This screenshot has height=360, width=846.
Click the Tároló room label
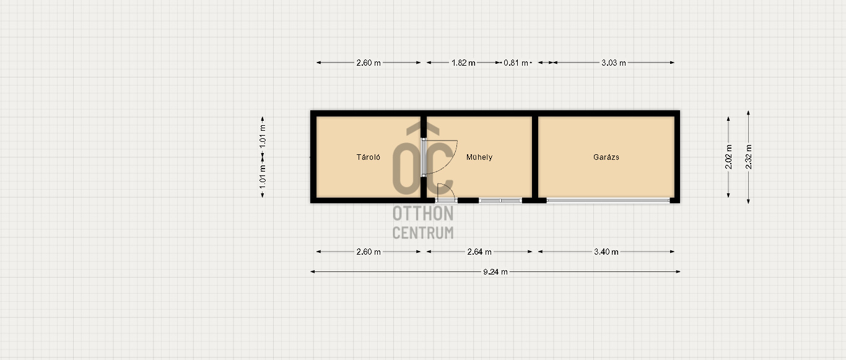(368, 157)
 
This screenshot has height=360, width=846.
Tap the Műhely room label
(479, 157)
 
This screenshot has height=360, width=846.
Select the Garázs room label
(606, 157)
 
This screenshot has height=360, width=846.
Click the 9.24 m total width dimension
(495, 271)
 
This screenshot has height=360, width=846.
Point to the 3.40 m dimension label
(606, 252)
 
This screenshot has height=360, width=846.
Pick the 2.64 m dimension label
(479, 252)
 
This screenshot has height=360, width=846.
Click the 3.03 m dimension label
(614, 63)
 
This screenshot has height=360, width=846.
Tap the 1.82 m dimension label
(463, 63)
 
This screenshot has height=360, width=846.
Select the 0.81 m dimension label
(516, 63)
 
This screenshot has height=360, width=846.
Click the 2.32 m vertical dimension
(749, 157)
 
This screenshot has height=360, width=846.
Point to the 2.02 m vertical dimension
(728, 157)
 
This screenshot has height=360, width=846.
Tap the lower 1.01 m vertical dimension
(263, 177)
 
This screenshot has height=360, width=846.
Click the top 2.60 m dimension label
(368, 63)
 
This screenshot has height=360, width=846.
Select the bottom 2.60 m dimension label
(368, 252)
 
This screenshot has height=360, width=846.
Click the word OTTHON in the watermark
(423, 213)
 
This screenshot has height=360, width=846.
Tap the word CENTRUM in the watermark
(423, 233)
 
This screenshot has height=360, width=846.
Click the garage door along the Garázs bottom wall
(608, 200)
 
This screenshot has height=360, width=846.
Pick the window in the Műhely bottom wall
(500, 200)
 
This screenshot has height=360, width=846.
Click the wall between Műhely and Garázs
(535, 157)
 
